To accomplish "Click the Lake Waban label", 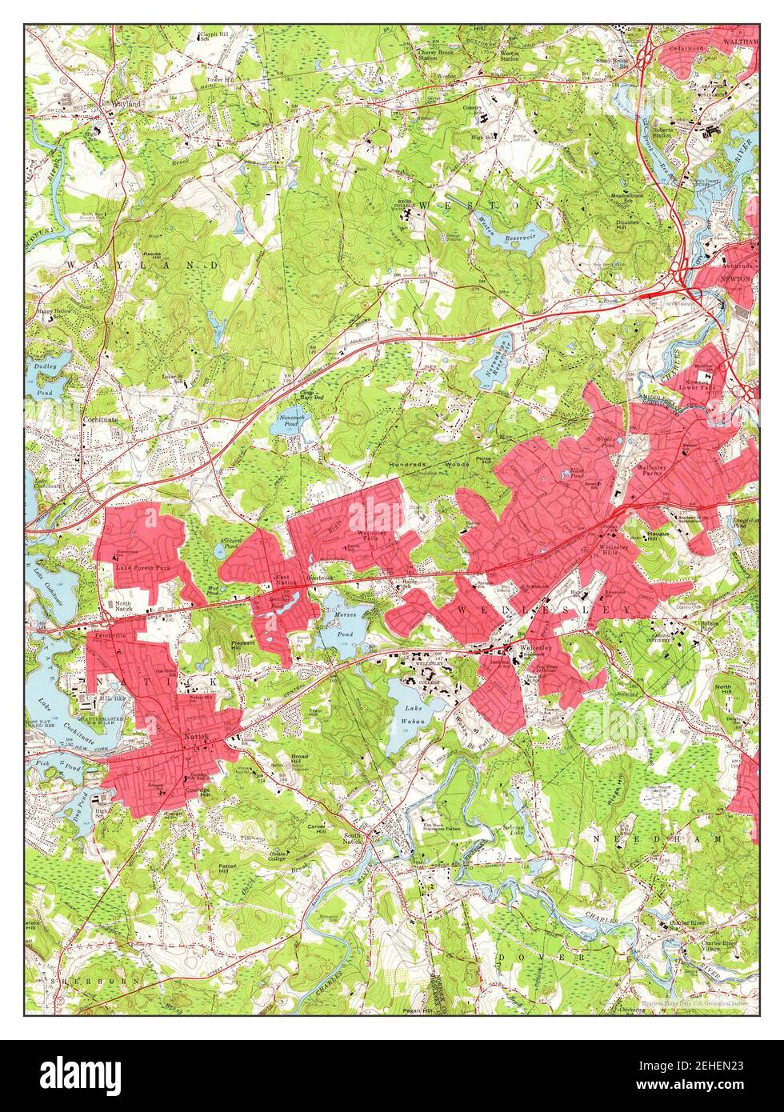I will coord(414,711).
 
